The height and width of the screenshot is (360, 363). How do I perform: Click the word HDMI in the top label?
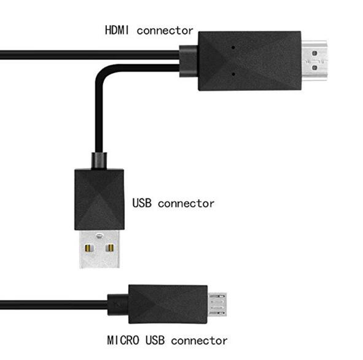tap(117, 30)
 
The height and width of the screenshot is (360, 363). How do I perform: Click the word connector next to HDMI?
tap(165, 31)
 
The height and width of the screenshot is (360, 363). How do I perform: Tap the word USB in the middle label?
tap(142, 203)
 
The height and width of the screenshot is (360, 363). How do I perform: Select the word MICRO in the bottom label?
tap(123, 340)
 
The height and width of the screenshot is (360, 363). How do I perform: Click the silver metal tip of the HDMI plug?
tap(314, 60)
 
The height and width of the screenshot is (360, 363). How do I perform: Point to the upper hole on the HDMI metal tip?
tap(314, 53)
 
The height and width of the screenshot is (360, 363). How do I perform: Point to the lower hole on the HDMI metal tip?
tap(314, 68)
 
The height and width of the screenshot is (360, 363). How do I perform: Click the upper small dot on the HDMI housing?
tap(233, 47)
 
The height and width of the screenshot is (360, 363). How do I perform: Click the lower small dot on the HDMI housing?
tap(233, 74)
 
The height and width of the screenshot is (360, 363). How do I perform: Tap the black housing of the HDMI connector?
tap(249, 61)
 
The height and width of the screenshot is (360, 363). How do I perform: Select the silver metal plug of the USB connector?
tap(100, 249)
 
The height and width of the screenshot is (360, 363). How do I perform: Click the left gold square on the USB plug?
tap(89, 248)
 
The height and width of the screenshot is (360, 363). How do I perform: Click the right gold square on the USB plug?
tap(109, 248)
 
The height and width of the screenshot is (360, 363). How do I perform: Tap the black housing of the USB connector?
tap(100, 200)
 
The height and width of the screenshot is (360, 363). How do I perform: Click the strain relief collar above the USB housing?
tap(99, 161)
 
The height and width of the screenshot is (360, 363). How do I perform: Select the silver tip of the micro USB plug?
tap(217, 305)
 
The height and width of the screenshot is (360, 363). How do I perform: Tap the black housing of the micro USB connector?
tap(168, 304)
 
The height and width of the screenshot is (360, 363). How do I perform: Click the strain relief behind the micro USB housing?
tap(118, 305)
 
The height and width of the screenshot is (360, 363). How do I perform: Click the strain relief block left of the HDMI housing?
tap(189, 61)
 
